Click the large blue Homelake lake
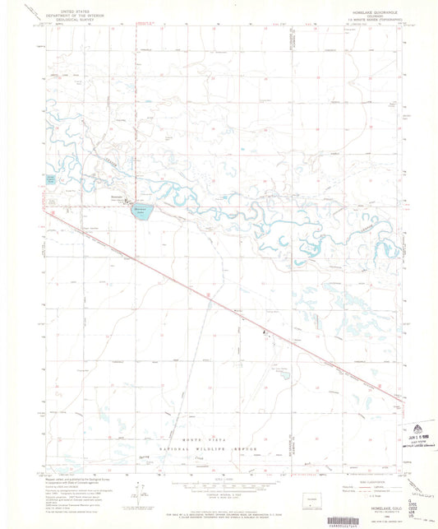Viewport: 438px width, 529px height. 142,210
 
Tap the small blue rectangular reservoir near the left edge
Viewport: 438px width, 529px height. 51,179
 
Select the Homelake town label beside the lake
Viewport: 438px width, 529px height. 118,197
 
